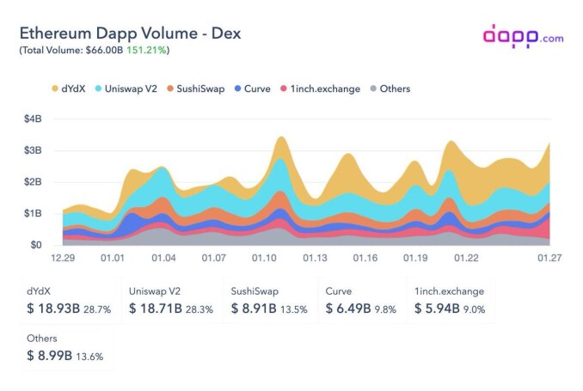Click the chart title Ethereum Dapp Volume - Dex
click(130, 34)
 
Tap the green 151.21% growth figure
click(146, 50)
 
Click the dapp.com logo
click(523, 36)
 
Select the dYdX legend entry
click(69, 89)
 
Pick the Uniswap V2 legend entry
click(126, 89)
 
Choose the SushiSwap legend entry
click(196, 89)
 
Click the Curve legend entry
click(253, 89)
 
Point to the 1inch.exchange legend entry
click(320, 89)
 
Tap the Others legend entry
click(390, 89)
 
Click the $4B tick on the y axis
click(33, 119)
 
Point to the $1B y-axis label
click(33, 213)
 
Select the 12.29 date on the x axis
click(63, 258)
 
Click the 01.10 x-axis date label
click(264, 258)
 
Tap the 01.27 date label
click(549, 258)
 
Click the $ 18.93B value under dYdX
click(53, 309)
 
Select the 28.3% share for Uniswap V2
click(199, 309)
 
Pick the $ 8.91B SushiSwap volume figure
click(254, 309)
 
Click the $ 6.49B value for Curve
click(348, 309)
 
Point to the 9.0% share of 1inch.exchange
click(474, 309)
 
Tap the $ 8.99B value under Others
click(50, 356)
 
